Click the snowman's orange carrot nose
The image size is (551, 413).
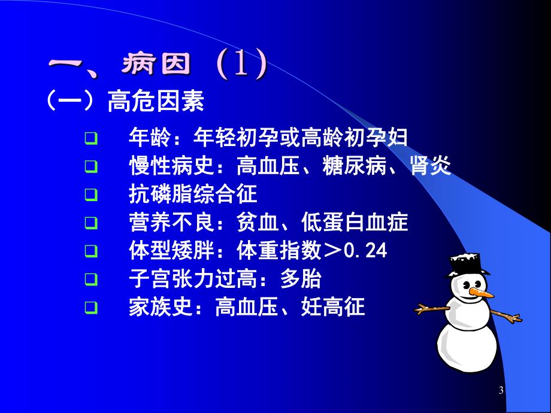pyautogui.click(x=483, y=293)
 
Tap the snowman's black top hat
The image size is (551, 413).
pyautogui.click(x=467, y=264)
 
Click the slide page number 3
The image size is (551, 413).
pyautogui.click(x=501, y=391)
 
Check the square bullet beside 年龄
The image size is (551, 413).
pyautogui.click(x=90, y=138)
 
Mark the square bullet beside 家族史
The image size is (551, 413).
pyautogui.click(x=90, y=308)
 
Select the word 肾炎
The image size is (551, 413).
pyautogui.click(x=430, y=166)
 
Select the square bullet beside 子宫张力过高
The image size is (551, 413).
pyautogui.click(x=90, y=280)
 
